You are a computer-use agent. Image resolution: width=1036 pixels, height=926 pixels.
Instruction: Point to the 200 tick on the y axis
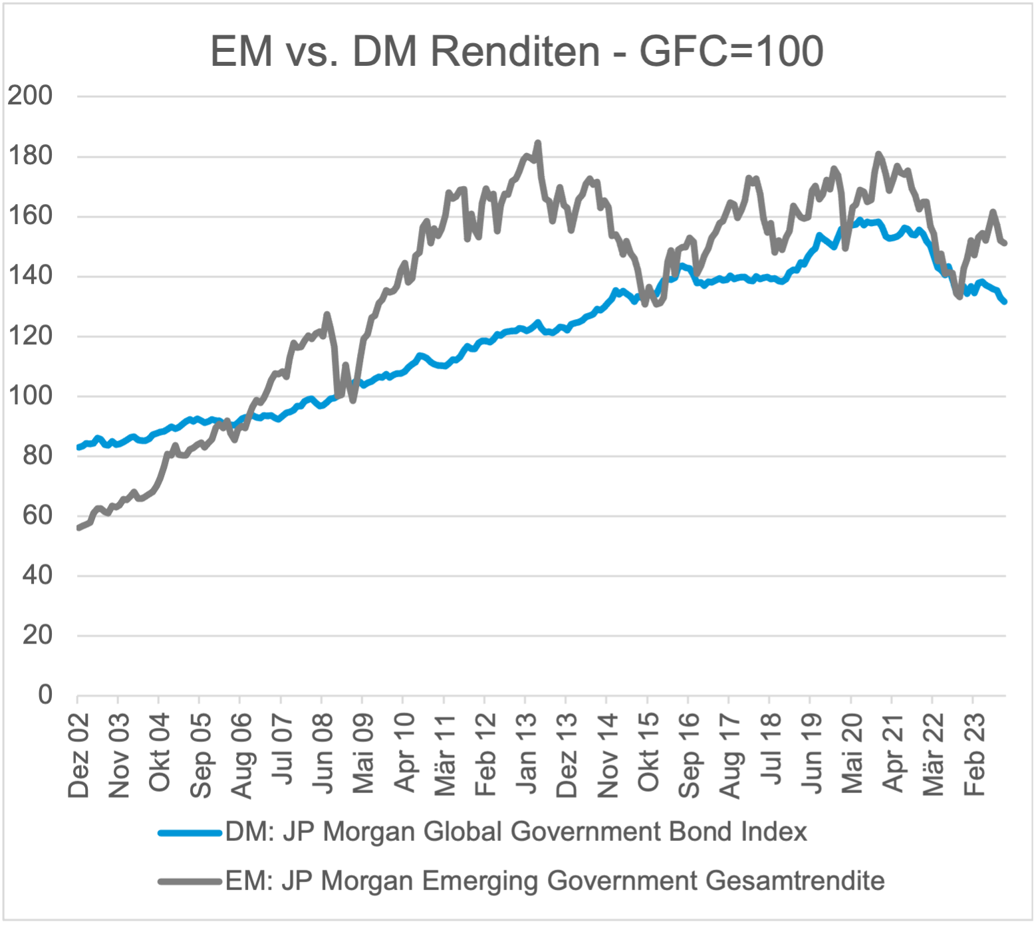point(30,96)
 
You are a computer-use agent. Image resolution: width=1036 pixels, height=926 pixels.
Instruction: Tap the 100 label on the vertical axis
point(30,396)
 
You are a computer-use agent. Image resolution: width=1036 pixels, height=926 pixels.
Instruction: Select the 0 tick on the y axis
point(45,695)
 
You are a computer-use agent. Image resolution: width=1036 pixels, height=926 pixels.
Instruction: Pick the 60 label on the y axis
point(37,515)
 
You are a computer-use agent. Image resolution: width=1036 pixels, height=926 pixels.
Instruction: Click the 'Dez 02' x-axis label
point(78,755)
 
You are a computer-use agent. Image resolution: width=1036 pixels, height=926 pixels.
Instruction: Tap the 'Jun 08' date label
point(323,755)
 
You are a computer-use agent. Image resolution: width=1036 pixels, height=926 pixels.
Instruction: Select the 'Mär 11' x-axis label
point(445,755)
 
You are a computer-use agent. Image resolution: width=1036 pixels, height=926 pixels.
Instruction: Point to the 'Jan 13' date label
point(527,755)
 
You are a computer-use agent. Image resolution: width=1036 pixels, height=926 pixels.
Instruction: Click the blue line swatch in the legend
point(190,832)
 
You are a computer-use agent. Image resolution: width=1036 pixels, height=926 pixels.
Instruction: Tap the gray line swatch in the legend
point(190,881)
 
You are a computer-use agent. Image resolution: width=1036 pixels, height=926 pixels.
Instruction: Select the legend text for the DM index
point(516,832)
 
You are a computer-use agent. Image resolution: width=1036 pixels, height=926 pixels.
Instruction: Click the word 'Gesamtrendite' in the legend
point(795,881)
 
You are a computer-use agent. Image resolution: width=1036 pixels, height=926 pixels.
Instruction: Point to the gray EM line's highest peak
point(538,142)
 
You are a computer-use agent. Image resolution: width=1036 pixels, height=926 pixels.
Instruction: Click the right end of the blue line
point(1005,302)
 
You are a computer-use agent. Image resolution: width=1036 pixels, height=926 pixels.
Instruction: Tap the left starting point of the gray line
point(78,528)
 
